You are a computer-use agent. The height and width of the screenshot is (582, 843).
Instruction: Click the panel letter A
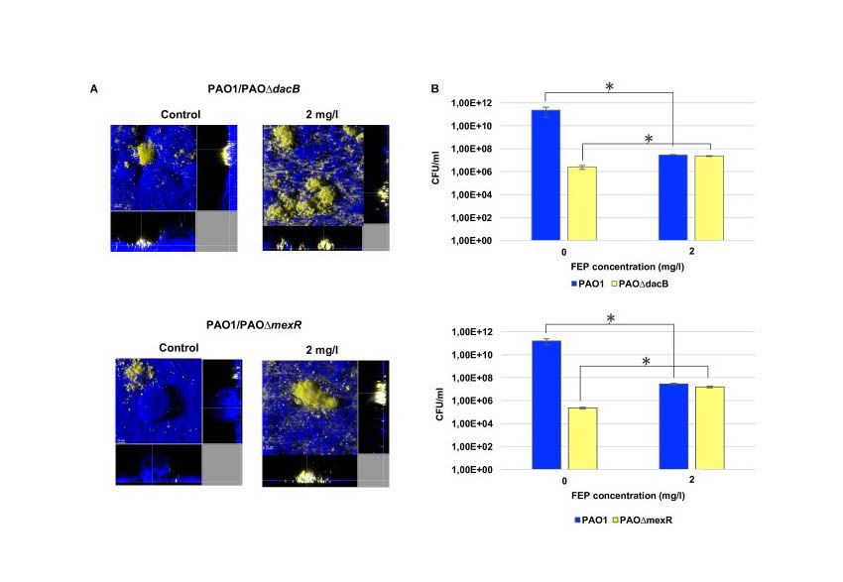click(x=94, y=88)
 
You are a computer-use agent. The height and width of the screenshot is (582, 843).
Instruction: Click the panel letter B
click(x=435, y=88)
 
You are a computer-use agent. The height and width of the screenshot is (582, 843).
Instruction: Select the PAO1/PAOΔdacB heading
click(x=254, y=88)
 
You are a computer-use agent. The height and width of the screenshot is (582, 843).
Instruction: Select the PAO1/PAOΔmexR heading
click(x=254, y=325)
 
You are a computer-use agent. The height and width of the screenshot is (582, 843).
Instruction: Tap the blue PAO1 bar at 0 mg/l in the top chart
click(x=545, y=175)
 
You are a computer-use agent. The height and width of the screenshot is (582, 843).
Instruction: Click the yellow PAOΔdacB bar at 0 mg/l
click(x=582, y=203)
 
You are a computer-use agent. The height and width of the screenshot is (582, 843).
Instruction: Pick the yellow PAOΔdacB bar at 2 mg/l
click(x=709, y=197)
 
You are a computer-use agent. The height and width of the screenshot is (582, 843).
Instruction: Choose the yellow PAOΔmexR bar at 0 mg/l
click(x=583, y=438)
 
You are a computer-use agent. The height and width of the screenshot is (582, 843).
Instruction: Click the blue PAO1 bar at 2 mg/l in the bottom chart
click(x=673, y=426)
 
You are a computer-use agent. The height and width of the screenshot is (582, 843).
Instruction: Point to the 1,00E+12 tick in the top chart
click(x=471, y=103)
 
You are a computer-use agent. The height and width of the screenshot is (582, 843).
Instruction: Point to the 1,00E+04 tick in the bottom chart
click(x=472, y=423)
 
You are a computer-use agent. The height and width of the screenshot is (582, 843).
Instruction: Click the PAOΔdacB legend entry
click(x=640, y=284)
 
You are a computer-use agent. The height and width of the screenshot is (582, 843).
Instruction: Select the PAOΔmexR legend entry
click(x=643, y=521)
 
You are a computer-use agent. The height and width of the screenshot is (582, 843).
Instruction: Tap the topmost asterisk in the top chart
click(x=609, y=87)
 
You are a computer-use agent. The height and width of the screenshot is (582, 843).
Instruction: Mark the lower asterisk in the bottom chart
click(x=647, y=362)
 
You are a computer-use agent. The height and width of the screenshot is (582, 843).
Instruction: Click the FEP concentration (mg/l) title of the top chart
click(x=628, y=267)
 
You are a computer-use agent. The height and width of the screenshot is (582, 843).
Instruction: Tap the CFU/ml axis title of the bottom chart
click(x=439, y=405)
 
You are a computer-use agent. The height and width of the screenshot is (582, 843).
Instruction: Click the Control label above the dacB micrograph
click(x=181, y=114)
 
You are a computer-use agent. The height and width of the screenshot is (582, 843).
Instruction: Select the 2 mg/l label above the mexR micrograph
click(x=322, y=350)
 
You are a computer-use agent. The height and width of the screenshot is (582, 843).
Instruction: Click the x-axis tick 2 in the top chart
click(x=692, y=251)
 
